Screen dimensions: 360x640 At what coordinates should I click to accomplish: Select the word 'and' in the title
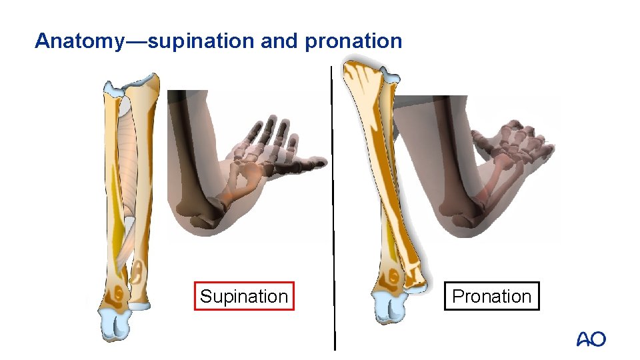click(x=279, y=41)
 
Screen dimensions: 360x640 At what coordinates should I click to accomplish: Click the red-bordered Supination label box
click(x=244, y=297)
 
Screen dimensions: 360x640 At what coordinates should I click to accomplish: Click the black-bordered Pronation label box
click(x=492, y=297)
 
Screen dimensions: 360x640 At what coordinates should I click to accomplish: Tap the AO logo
click(x=591, y=339)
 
